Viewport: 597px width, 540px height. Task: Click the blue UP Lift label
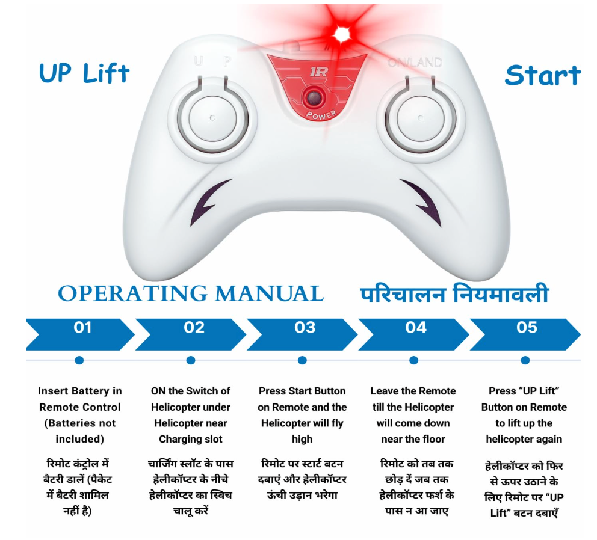coord(84,73)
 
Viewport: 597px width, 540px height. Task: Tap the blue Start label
coord(543,75)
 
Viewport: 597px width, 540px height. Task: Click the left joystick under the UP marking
coord(213,118)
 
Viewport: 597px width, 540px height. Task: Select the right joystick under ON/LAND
coord(420,118)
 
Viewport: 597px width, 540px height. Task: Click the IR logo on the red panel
coord(318,72)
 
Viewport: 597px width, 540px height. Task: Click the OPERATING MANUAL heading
coord(191,294)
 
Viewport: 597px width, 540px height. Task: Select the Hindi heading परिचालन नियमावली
coord(454,293)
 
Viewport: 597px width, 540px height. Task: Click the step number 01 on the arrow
coord(82,327)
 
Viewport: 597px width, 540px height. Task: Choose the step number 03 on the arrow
coord(305,327)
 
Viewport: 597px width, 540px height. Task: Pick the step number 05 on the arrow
coord(527,327)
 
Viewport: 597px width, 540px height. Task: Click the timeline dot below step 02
coord(191,360)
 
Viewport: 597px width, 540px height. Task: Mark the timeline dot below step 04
coord(413,360)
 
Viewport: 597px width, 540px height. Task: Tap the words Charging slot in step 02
coord(191,439)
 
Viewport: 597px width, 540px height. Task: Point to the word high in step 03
coord(302,439)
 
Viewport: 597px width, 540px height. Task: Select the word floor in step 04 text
coord(432,439)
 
